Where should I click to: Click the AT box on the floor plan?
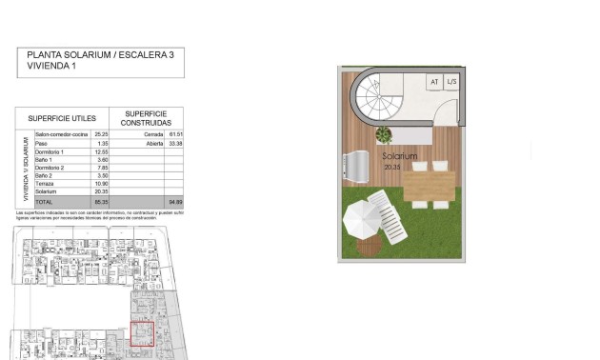(x=434, y=82)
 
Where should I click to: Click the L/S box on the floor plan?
(x=452, y=82)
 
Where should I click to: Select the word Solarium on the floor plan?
(x=400, y=156)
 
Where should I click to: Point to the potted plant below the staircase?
(x=384, y=136)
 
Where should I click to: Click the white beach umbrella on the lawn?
(x=363, y=222)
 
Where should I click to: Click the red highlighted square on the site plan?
(x=142, y=334)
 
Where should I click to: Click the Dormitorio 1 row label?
(x=50, y=151)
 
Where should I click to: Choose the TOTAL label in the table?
(x=44, y=202)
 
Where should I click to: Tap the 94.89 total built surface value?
(x=174, y=202)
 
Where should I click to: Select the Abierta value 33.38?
(x=174, y=143)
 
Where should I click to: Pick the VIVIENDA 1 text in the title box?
(x=51, y=67)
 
